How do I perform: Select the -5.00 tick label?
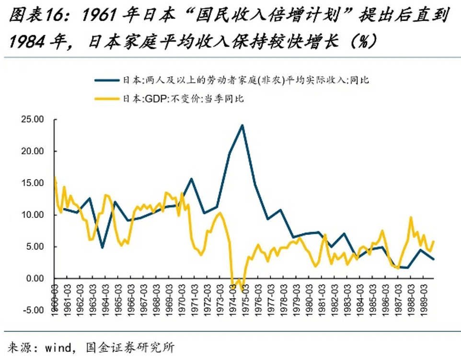click(32, 310)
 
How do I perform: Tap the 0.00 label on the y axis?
click(34, 279)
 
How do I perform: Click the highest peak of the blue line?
click(242, 125)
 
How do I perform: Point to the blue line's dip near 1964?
click(102, 247)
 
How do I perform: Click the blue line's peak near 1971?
click(191, 179)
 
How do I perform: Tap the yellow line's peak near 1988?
click(411, 217)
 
